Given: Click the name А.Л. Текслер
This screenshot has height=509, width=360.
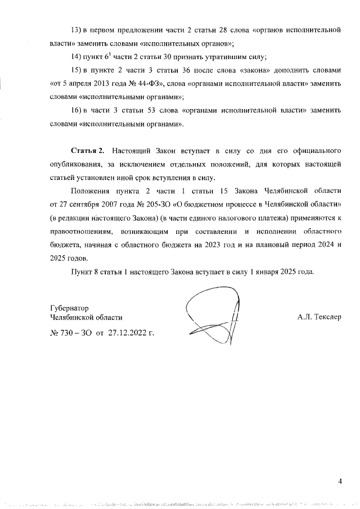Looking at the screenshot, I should pyautogui.click(x=319, y=317).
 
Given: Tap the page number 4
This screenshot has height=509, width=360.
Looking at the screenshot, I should pyautogui.click(x=340, y=481).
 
